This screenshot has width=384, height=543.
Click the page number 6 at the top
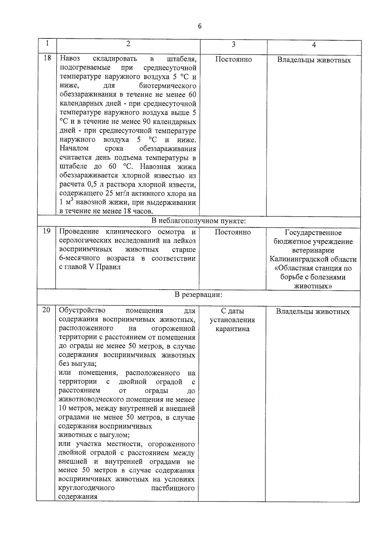(200, 26)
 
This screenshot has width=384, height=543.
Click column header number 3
(233, 44)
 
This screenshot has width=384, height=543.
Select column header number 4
(314, 45)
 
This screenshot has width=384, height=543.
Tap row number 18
(47, 59)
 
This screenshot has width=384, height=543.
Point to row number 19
(46, 231)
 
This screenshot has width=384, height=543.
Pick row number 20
(46, 310)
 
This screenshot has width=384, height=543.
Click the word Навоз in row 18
(70, 59)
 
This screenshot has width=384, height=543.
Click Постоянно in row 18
(233, 60)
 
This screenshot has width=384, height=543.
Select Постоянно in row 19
(233, 232)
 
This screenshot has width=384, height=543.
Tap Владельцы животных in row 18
(314, 60)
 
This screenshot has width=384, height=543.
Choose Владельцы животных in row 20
(313, 312)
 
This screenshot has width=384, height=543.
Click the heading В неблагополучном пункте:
(198, 221)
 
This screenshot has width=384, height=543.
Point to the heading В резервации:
(198, 294)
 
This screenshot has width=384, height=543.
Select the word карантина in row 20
(232, 329)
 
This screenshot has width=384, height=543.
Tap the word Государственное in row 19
(313, 233)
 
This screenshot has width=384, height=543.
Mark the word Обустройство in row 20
(82, 310)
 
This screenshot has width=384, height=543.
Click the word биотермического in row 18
(167, 86)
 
